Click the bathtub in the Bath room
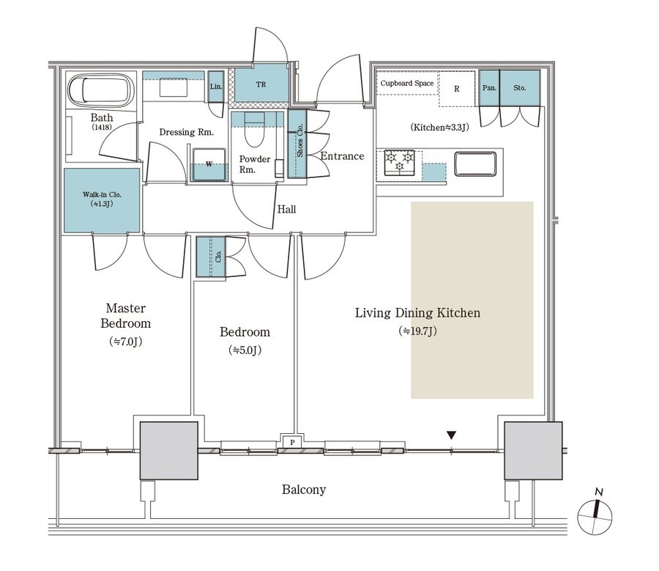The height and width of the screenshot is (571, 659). click(x=101, y=92)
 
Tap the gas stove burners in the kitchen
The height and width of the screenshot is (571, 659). click(x=400, y=161)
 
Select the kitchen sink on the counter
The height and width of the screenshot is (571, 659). click(x=476, y=163)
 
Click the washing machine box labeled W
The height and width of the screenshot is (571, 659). click(x=209, y=163)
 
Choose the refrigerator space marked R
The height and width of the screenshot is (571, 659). click(x=456, y=89)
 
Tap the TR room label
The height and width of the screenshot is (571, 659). click(x=261, y=84)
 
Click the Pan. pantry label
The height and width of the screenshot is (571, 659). click(x=488, y=88)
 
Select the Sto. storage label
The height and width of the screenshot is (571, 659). click(x=519, y=88)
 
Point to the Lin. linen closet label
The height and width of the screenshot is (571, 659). click(x=215, y=86)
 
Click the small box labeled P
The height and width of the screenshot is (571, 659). click(x=292, y=443)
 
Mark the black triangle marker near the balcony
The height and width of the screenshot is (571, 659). click(x=451, y=435)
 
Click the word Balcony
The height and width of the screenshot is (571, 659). click(x=304, y=490)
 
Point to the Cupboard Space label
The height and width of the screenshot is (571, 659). click(x=407, y=84)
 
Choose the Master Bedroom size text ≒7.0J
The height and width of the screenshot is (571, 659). click(x=126, y=342)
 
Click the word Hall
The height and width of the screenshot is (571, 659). click(x=286, y=210)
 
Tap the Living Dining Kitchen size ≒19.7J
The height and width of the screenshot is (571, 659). click(x=418, y=331)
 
